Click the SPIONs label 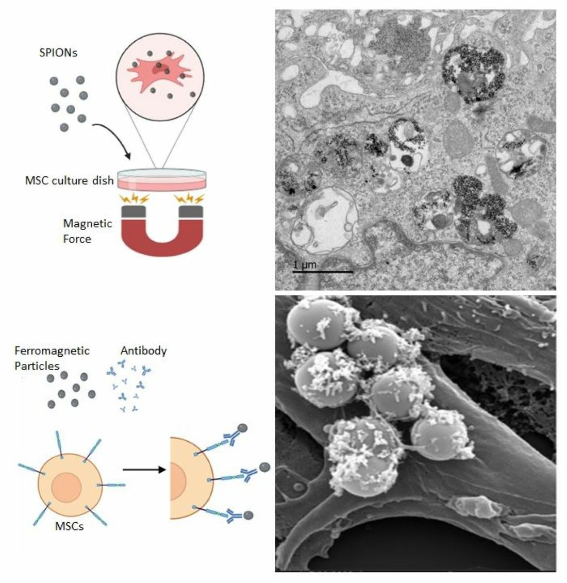[58, 53]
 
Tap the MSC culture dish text [70, 181]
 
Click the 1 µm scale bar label [304, 265]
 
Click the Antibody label [143, 351]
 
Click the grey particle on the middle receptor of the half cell [264, 467]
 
